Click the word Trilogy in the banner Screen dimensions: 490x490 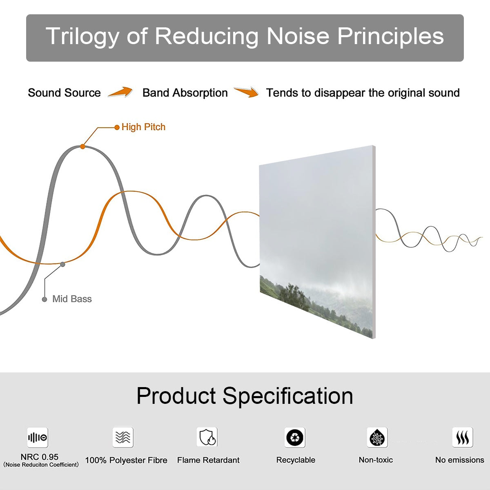click(x=82, y=36)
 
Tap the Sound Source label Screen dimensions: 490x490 click(x=65, y=93)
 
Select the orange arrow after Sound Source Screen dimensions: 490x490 click(x=120, y=92)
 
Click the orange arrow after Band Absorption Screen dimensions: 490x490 click(x=246, y=92)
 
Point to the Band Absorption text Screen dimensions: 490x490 click(x=185, y=93)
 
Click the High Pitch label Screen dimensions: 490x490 click(x=143, y=127)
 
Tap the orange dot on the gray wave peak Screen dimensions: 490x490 click(x=82, y=147)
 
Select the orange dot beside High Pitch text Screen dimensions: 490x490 click(x=117, y=127)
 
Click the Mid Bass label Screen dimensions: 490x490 click(x=72, y=299)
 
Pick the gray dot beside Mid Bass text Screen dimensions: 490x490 click(x=45, y=299)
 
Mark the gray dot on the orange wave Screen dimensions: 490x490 click(x=62, y=265)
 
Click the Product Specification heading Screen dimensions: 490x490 click(x=245, y=396)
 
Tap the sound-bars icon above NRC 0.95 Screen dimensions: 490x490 click(x=38, y=437)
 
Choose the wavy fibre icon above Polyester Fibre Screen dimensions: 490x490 click(x=123, y=437)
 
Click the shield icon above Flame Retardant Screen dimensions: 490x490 click(x=207, y=437)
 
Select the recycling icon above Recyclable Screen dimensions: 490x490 click(x=295, y=437)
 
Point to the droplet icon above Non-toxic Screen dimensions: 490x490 click(x=377, y=437)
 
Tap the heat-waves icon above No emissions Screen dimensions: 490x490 click(x=463, y=437)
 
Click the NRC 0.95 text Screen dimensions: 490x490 click(x=40, y=457)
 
